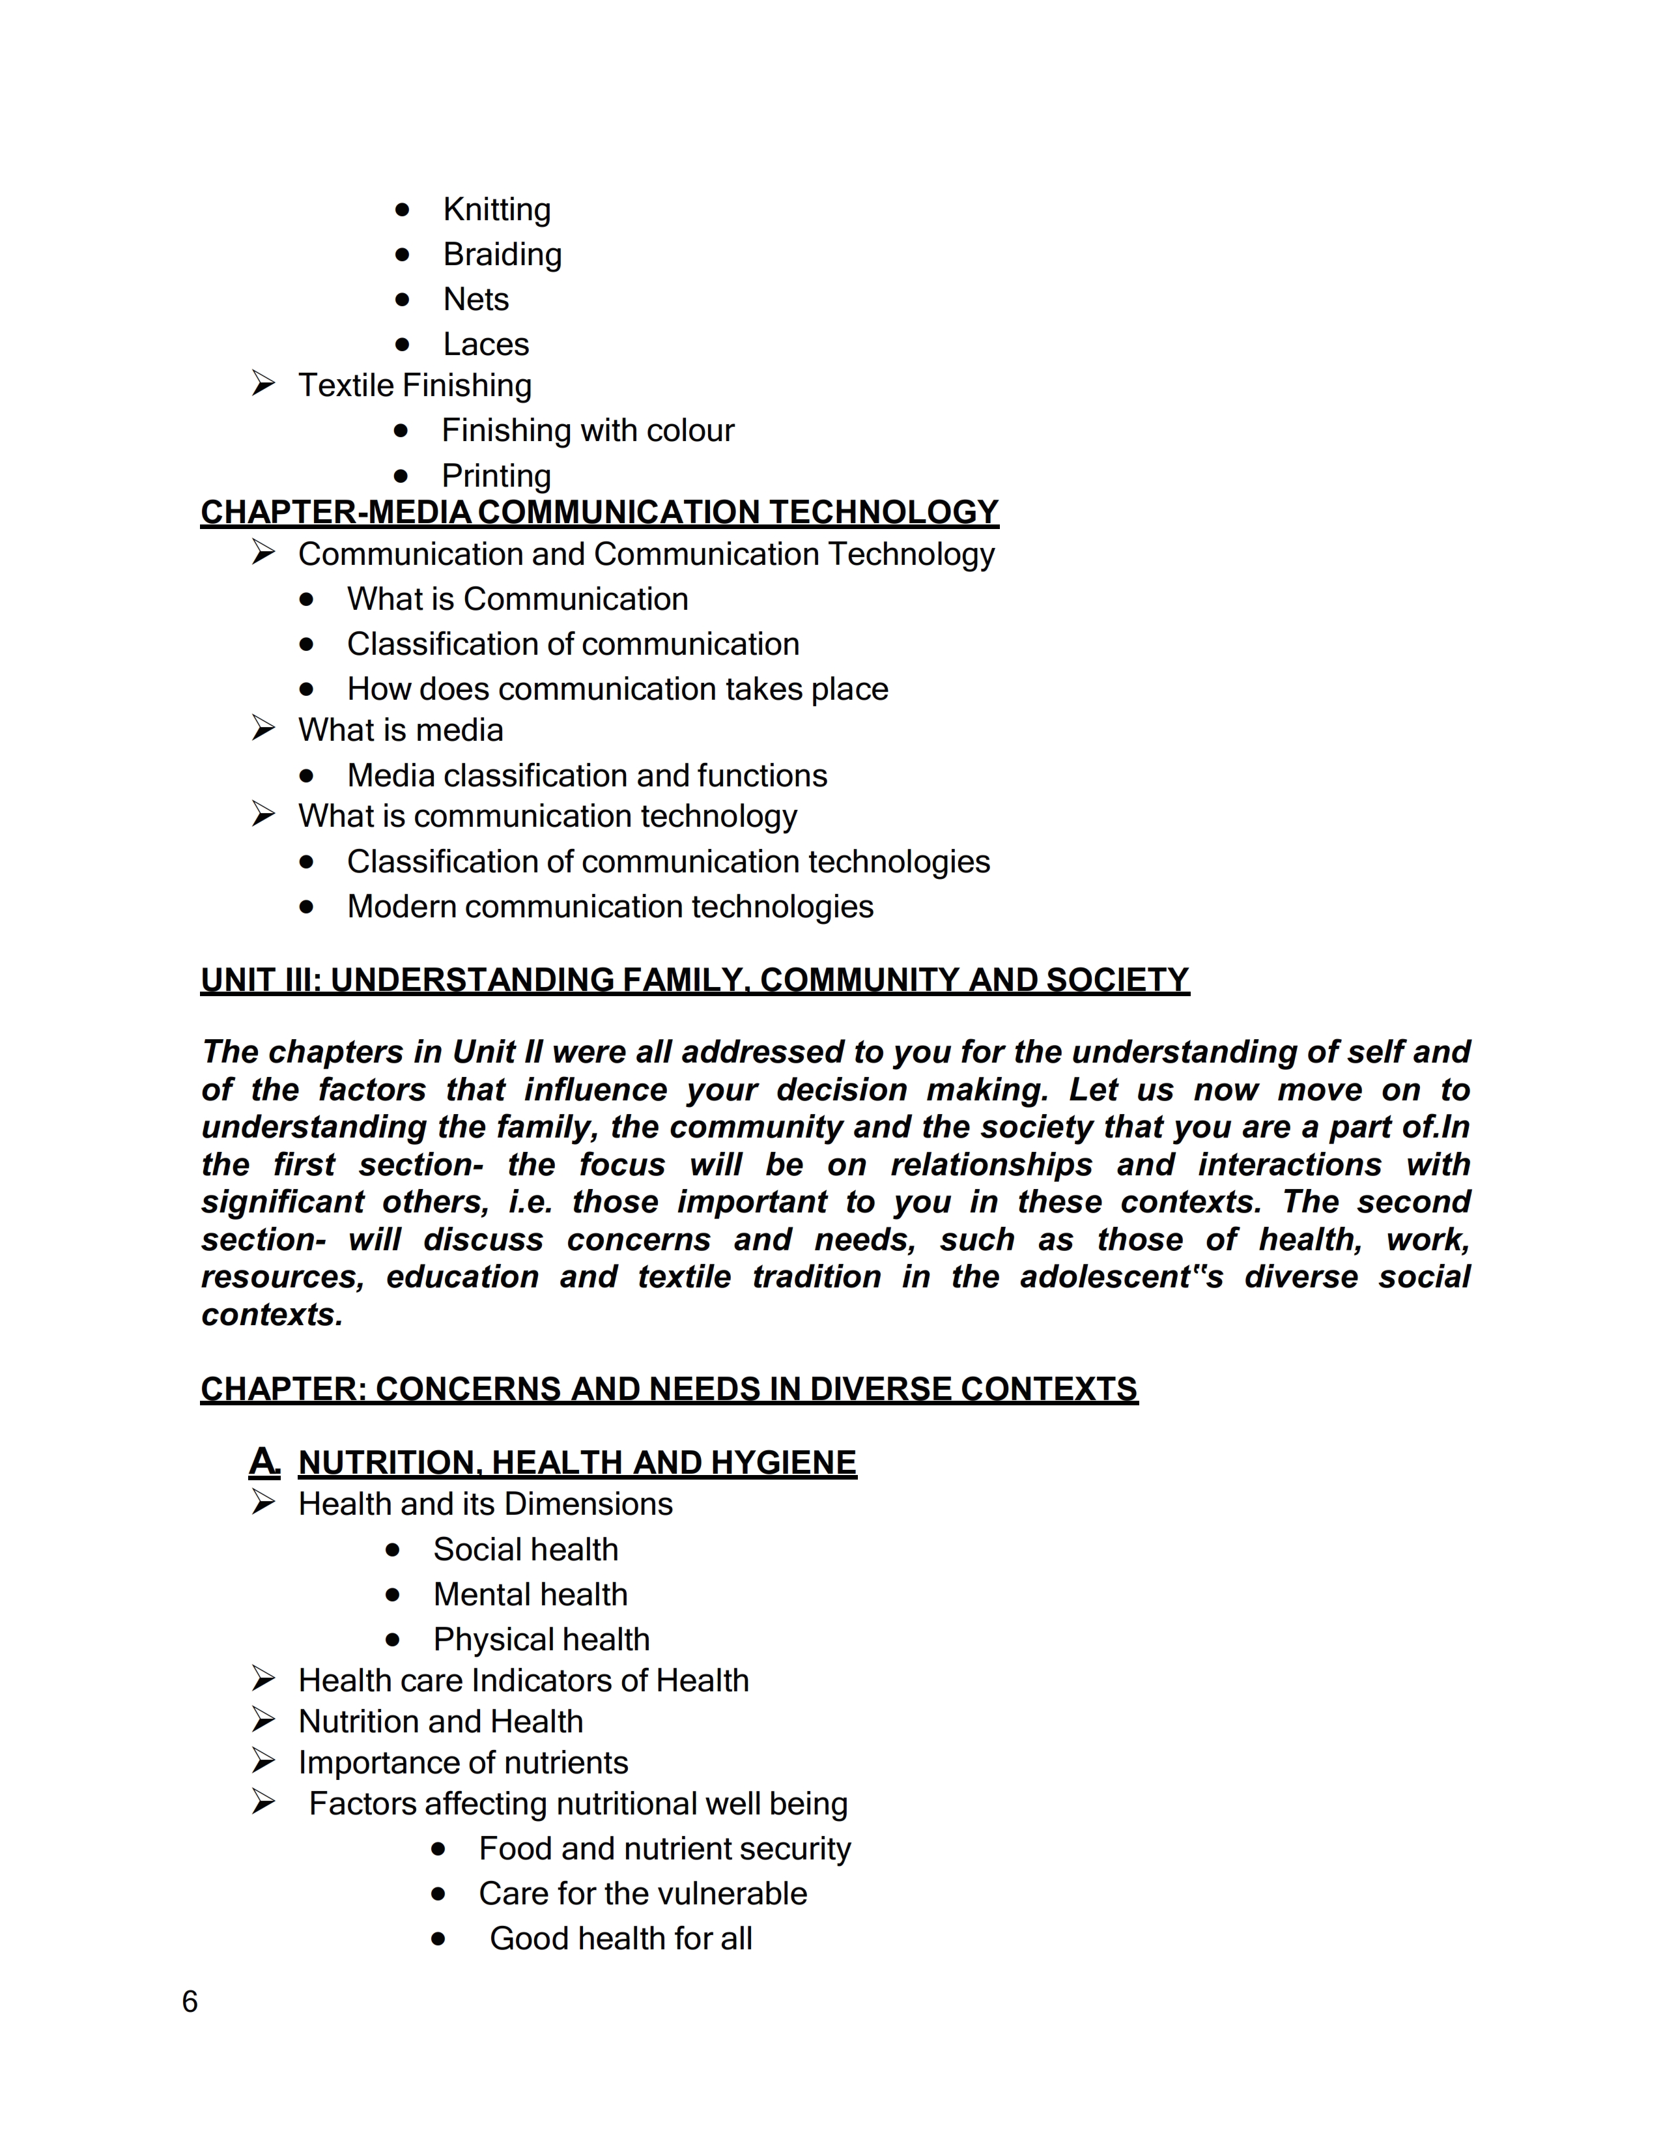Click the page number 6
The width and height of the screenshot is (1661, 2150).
click(190, 2001)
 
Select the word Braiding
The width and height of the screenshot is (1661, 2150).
click(502, 255)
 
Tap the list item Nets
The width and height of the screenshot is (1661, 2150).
click(476, 299)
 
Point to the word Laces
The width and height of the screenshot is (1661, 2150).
click(485, 345)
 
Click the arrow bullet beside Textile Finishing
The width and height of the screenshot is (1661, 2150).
click(263, 384)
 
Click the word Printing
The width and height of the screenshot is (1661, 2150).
click(496, 476)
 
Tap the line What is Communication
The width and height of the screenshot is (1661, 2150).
click(517, 599)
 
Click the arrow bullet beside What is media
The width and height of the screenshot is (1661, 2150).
click(263, 728)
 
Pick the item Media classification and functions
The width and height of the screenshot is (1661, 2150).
click(586, 776)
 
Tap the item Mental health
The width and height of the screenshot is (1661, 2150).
click(530, 1595)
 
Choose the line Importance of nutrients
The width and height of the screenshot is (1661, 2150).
click(462, 1762)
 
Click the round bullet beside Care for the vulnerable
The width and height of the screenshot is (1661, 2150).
click(438, 1893)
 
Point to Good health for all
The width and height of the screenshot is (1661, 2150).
click(620, 1938)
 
